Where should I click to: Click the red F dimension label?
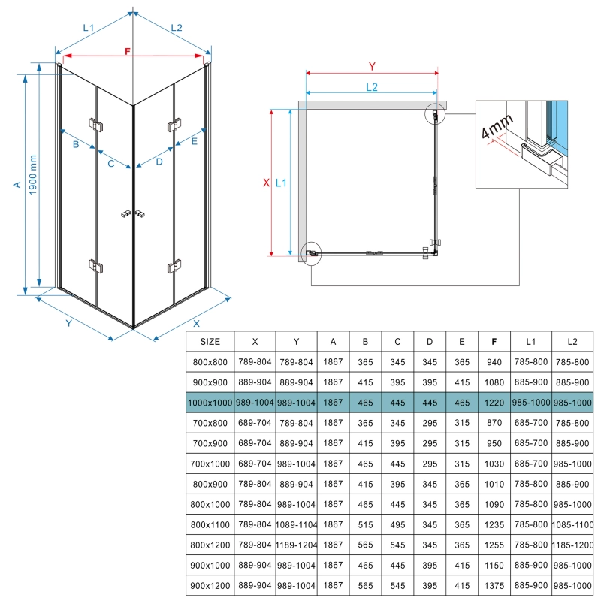pyautogui.click(x=128, y=51)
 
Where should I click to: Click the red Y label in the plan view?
pyautogui.click(x=371, y=65)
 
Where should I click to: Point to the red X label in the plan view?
pyautogui.click(x=265, y=183)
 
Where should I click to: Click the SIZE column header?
pyautogui.click(x=210, y=342)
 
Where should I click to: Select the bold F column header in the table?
pyautogui.click(x=494, y=342)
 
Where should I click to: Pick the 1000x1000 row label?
pyautogui.click(x=210, y=402)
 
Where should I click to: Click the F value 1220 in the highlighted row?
pyautogui.click(x=494, y=402)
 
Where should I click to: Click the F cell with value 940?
pyautogui.click(x=494, y=361)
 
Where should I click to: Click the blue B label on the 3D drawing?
pyautogui.click(x=76, y=144)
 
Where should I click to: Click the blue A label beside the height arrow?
pyautogui.click(x=17, y=185)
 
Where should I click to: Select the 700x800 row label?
pyautogui.click(x=210, y=422)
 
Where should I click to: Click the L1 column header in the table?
pyautogui.click(x=530, y=342)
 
